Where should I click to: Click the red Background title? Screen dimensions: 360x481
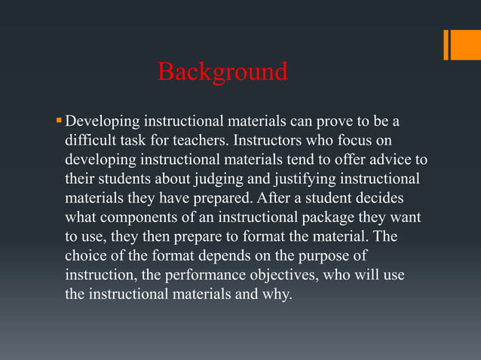tap(222, 72)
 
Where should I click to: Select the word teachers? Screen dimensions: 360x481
tap(204, 141)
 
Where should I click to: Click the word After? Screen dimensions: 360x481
tap(275, 199)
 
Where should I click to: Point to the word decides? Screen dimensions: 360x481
tap(379, 199)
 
